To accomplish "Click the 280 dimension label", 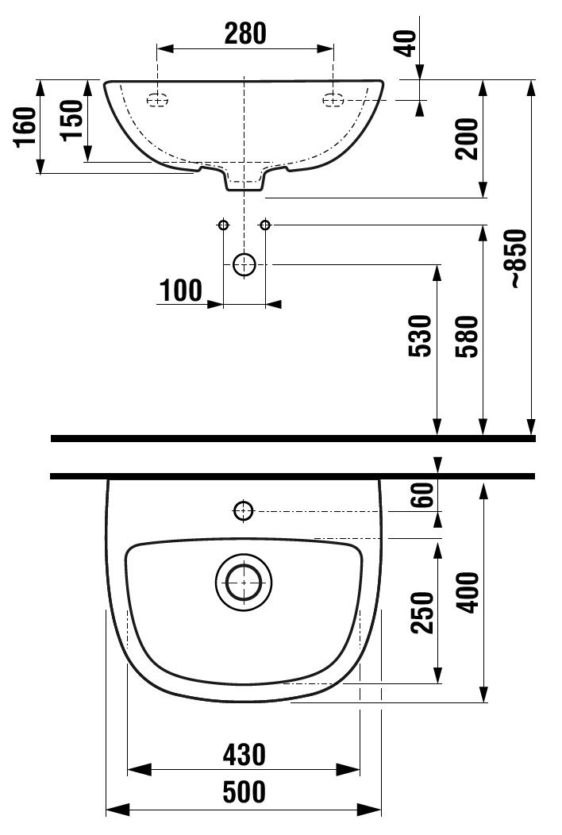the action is (245, 33).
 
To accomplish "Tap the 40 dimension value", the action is (406, 43).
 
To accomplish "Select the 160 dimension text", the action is (25, 127).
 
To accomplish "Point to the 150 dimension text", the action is (72, 121).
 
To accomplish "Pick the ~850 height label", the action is (518, 259).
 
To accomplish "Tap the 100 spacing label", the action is (180, 291).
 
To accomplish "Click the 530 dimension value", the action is (420, 336).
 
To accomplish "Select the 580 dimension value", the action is (467, 336).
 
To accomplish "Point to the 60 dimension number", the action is (423, 494).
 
